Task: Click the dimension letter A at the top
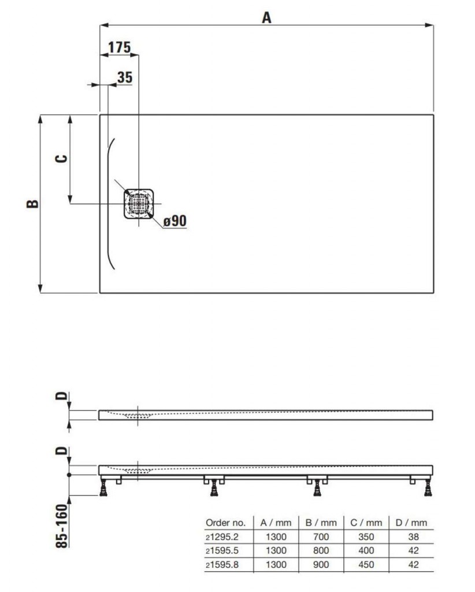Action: (266, 17)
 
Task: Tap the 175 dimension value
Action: (119, 47)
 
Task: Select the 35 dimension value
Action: (124, 77)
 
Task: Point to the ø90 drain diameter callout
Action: (175, 220)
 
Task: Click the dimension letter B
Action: (32, 203)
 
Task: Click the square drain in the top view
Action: (139, 204)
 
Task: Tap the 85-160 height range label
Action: (62, 526)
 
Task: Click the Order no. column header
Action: (225, 523)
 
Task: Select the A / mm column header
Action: (276, 523)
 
